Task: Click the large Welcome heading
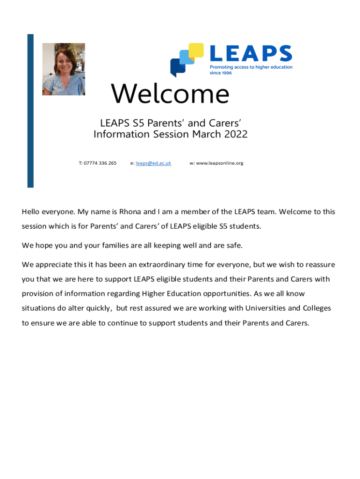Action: point(170,94)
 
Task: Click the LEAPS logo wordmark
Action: point(251,54)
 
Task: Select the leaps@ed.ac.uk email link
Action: point(153,163)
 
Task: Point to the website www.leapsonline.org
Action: point(220,163)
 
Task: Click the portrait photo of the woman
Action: point(64,69)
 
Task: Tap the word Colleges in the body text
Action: point(317,309)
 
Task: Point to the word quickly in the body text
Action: point(99,309)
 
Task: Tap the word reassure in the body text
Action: point(319,265)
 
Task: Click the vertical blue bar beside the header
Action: point(30,110)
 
